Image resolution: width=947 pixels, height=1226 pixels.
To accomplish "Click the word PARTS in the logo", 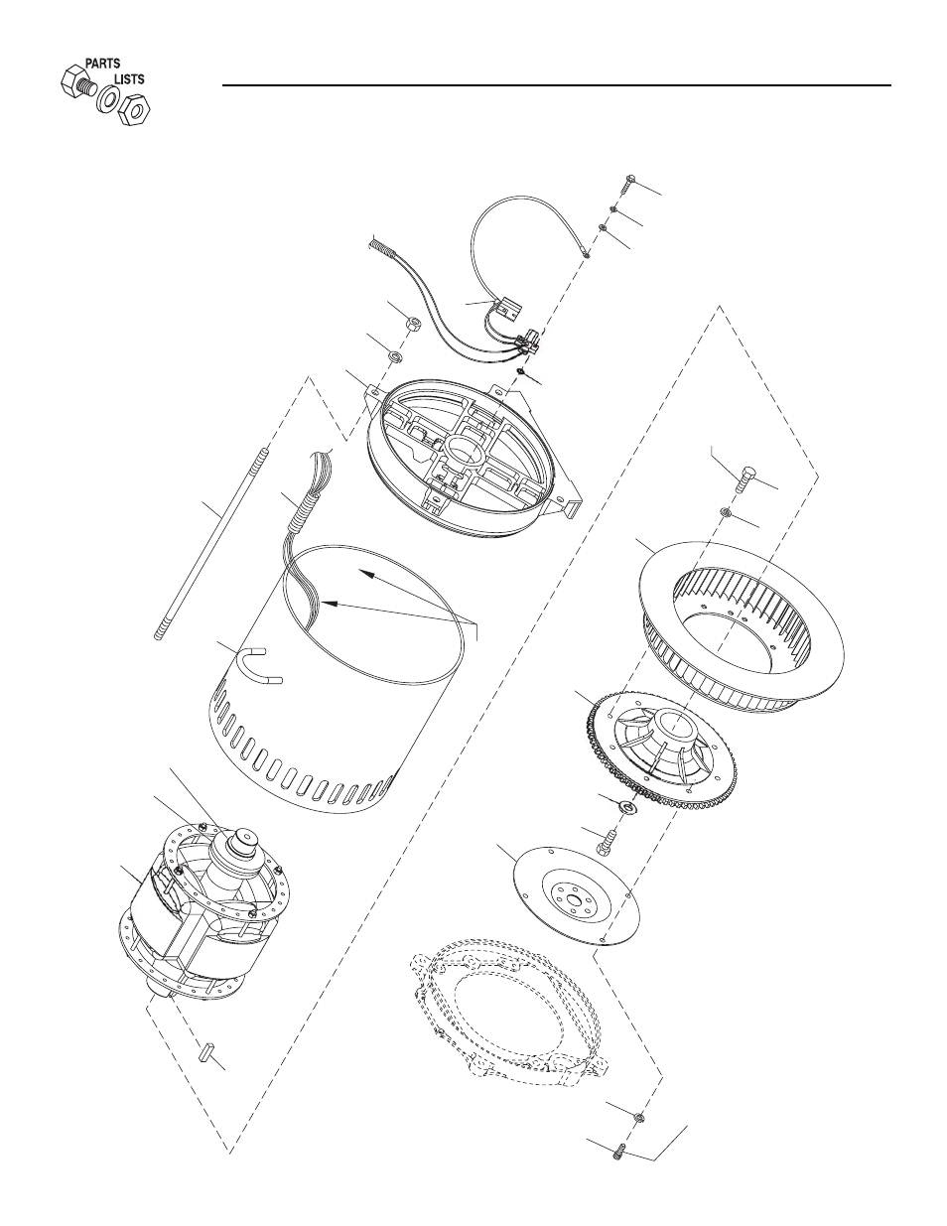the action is (x=102, y=64).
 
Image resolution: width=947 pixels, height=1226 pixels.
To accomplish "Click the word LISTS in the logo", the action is (x=129, y=79).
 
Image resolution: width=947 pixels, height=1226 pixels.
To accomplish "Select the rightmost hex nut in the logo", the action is (x=135, y=110).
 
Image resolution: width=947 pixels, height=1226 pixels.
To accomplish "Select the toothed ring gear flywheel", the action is (x=663, y=749).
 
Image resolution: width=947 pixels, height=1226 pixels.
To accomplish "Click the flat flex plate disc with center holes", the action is (x=577, y=896).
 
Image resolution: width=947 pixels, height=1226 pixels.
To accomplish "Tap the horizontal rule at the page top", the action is (x=557, y=85).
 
